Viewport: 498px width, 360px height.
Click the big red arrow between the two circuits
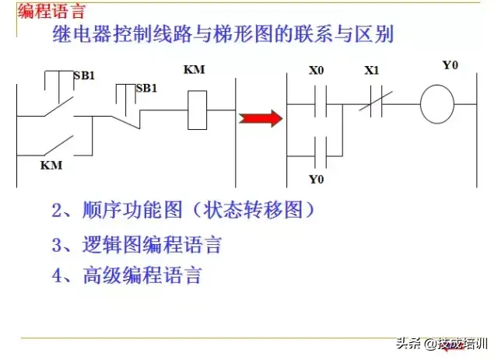click(x=260, y=118)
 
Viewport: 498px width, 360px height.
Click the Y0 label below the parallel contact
click(x=316, y=180)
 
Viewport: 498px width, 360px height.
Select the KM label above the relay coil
click(x=194, y=70)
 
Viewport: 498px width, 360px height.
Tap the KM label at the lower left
click(x=51, y=166)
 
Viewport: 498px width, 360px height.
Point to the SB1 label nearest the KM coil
click(x=146, y=88)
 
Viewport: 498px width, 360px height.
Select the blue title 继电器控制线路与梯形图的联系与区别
click(x=223, y=34)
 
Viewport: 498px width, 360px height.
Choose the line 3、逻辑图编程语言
click(x=136, y=245)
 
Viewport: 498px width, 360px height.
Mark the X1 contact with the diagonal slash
click(x=373, y=103)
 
